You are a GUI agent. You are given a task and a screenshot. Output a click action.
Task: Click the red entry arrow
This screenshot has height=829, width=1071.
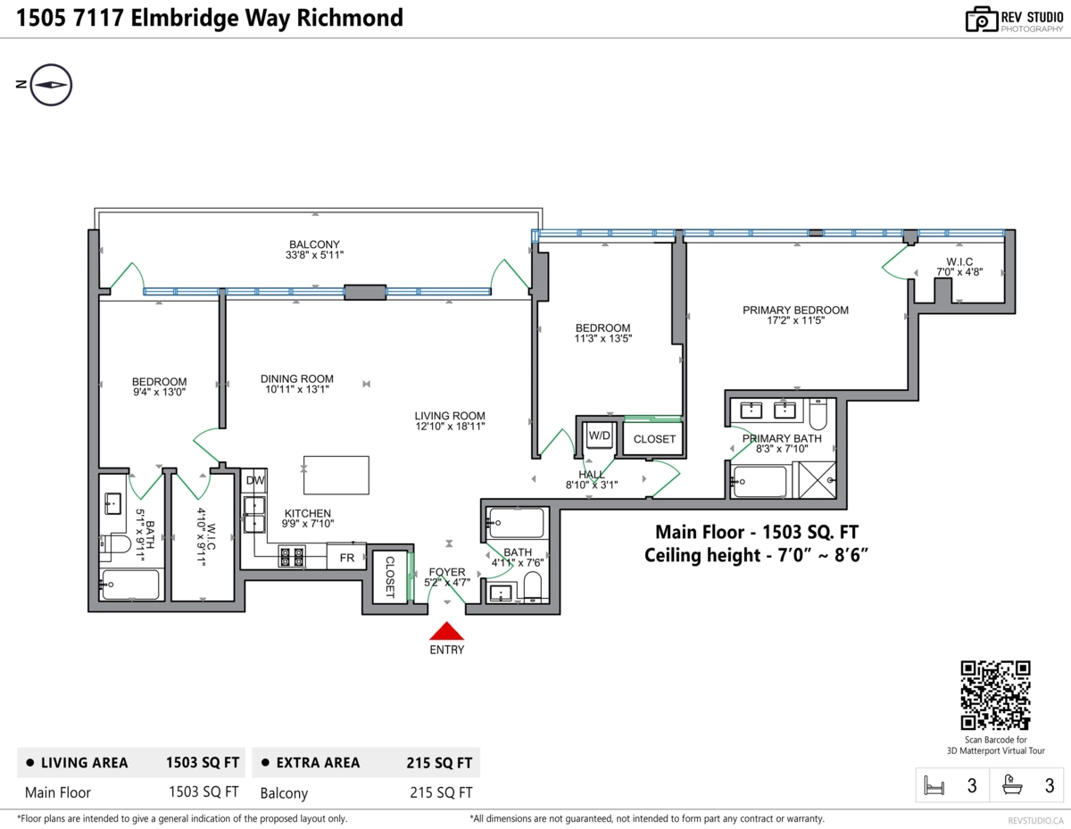tap(446, 631)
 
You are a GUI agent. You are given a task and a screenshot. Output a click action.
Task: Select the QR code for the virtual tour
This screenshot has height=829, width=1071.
tap(995, 695)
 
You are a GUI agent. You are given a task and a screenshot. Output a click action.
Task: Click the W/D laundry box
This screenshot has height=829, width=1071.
tap(600, 435)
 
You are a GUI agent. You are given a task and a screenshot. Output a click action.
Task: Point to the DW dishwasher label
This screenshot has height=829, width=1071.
tap(255, 480)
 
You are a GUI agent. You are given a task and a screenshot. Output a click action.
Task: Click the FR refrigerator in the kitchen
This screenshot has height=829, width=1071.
tap(346, 557)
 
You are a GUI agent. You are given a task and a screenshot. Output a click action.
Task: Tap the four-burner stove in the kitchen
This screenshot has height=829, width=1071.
tap(292, 557)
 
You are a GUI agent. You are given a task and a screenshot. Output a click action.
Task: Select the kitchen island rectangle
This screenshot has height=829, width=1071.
tap(336, 475)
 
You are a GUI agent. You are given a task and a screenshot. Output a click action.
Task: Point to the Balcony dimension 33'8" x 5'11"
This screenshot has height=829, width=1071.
tap(314, 255)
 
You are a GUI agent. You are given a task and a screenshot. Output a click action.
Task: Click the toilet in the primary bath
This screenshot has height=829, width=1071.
tap(818, 415)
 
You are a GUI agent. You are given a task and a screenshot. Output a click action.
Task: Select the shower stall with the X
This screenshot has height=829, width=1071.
tap(817, 480)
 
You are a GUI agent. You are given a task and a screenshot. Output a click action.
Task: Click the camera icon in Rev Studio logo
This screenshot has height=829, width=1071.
tap(981, 20)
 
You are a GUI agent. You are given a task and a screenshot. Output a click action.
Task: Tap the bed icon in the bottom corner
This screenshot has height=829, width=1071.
tap(934, 785)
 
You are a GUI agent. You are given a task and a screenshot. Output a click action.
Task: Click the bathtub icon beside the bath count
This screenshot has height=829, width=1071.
tap(1012, 784)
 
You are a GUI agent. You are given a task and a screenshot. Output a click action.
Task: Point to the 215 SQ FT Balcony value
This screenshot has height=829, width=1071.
tap(441, 792)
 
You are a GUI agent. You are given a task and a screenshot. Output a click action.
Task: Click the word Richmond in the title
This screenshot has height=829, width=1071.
tap(350, 18)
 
